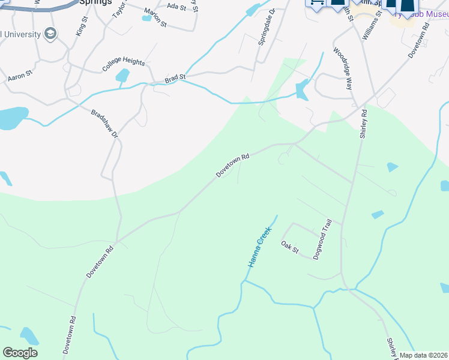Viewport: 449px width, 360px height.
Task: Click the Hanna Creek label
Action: (261, 247)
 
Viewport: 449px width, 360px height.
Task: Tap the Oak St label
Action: (289, 247)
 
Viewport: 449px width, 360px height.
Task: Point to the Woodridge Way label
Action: (342, 68)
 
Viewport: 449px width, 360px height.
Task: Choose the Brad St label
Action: (175, 77)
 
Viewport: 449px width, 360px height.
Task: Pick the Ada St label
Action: (176, 7)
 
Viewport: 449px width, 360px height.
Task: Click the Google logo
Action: (20, 353)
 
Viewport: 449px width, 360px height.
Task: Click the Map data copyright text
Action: (424, 355)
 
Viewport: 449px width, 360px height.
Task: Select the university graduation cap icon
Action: (51, 34)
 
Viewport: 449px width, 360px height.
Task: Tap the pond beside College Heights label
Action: (122, 76)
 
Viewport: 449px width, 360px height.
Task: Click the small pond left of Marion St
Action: (146, 18)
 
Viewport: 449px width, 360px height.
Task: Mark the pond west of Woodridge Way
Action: (302, 89)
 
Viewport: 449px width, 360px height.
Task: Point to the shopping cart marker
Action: (316, 2)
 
